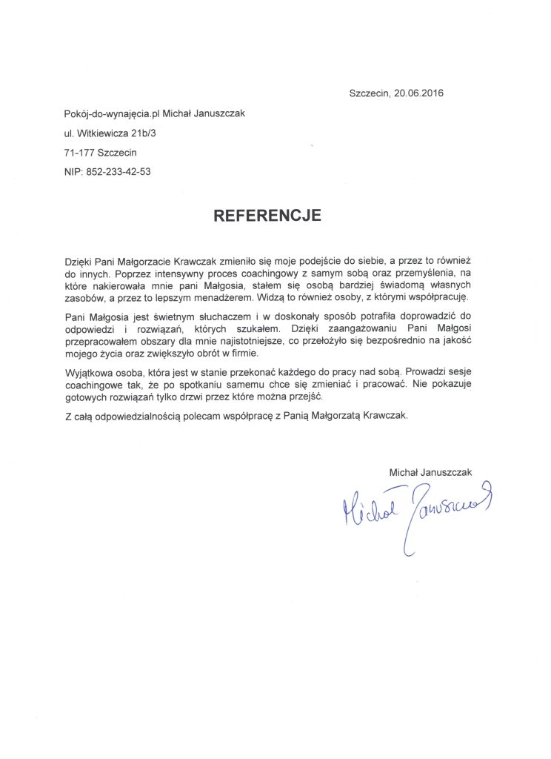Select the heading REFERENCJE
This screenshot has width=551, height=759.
267,216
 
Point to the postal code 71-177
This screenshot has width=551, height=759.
79,152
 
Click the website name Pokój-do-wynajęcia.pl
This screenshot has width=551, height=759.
112,113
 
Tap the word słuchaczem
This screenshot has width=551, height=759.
195,318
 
